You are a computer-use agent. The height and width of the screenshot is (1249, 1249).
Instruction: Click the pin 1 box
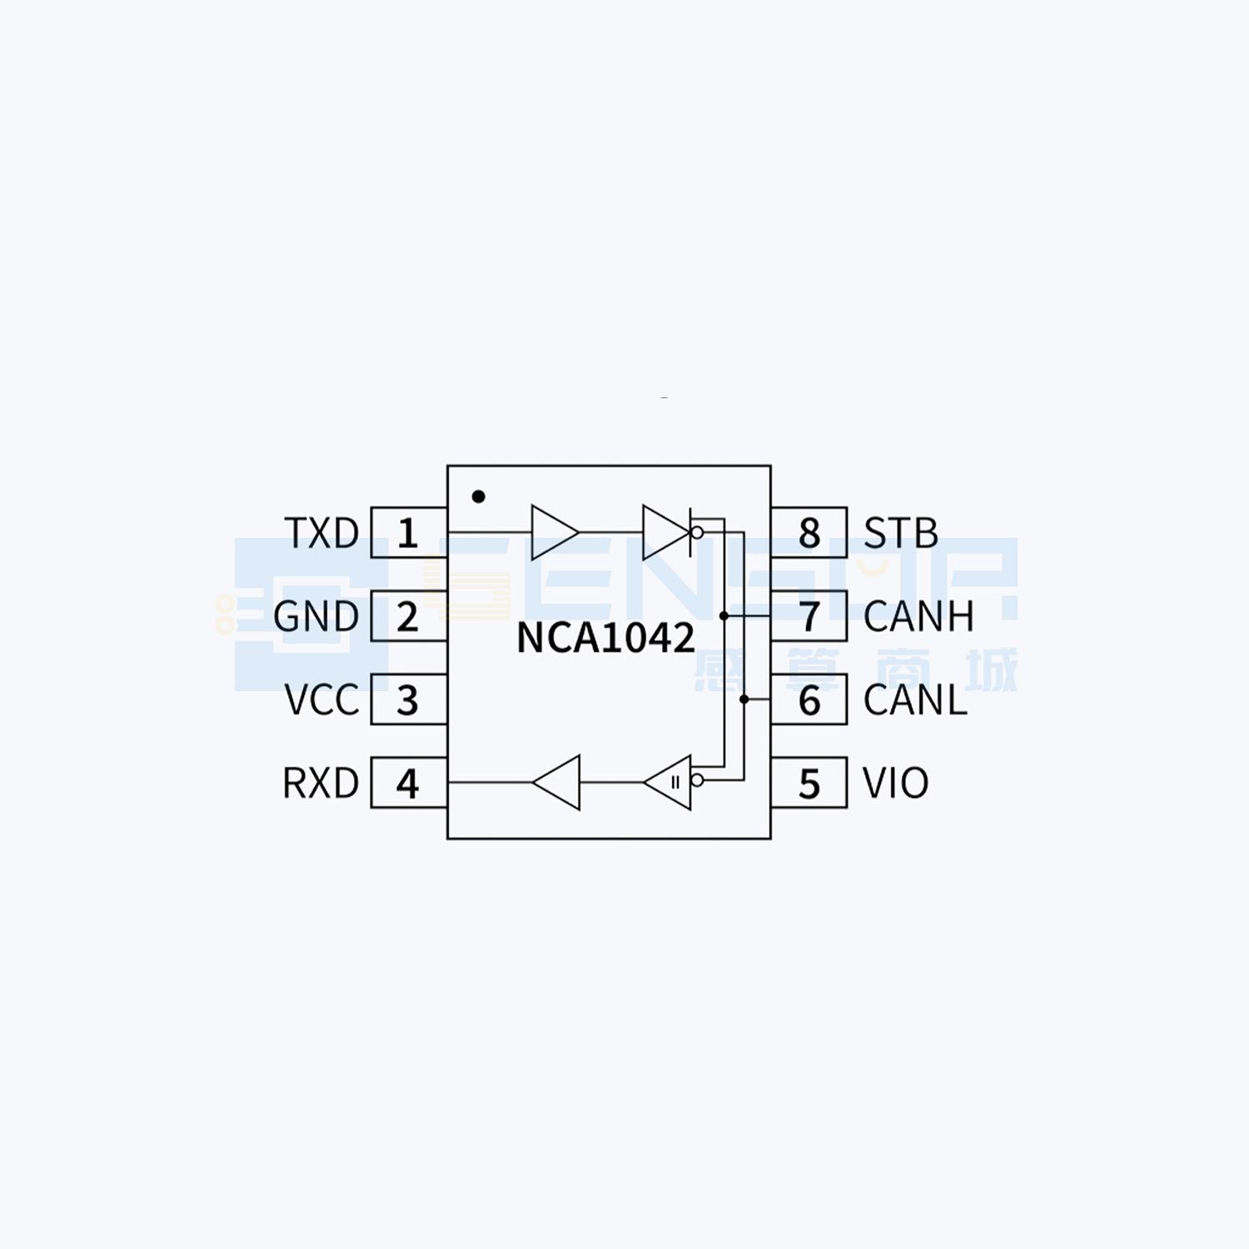[x=408, y=533]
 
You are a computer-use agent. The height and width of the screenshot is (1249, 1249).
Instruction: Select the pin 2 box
[x=408, y=616]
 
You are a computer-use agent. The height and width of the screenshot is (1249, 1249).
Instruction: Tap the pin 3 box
[x=408, y=699]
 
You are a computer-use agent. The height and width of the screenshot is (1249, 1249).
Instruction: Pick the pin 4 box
[x=408, y=783]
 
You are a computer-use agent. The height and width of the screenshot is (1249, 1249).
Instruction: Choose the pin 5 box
[x=809, y=783]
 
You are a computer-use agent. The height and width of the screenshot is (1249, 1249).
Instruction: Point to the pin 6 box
[x=809, y=699]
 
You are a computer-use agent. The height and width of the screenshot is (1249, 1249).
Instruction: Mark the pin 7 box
[x=809, y=616]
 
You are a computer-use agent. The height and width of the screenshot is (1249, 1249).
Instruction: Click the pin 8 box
[x=809, y=533]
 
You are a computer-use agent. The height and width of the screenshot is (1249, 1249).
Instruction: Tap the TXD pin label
[x=321, y=533]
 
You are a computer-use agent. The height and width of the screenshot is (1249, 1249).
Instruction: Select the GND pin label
[x=316, y=617]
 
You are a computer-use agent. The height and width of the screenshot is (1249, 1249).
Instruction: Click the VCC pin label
[x=321, y=700]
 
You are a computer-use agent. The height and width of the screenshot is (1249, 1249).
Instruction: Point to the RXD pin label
[x=321, y=784]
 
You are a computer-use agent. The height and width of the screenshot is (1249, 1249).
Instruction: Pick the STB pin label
[x=901, y=533]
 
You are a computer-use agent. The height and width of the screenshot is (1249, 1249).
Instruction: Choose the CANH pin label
[x=918, y=617]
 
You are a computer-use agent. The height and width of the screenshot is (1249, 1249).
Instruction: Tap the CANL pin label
[x=915, y=700]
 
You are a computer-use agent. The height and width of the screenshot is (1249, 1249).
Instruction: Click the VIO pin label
[x=895, y=784]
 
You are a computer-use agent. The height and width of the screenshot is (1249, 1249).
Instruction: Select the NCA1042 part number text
[x=605, y=638]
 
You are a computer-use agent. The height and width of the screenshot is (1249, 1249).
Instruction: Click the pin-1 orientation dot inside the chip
[x=478, y=496]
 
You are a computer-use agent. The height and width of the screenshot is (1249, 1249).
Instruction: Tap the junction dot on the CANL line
[x=744, y=699]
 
